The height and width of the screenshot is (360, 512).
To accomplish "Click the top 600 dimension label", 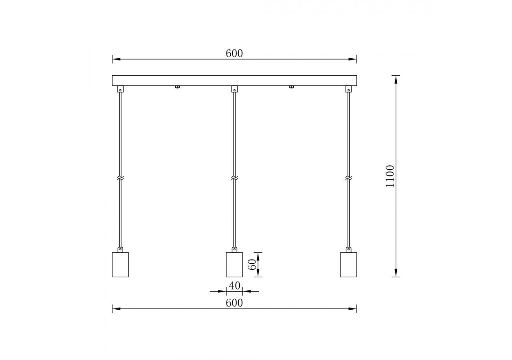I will [x=234, y=54].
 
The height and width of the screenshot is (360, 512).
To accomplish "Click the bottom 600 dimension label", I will [x=234, y=303].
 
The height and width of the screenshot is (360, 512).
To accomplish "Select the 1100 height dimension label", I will [x=390, y=176].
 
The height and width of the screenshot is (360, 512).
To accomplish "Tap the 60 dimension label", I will [x=252, y=264].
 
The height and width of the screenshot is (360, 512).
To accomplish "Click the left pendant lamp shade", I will [x=120, y=264].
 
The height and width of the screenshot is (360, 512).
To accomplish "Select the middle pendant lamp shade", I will [x=234, y=264].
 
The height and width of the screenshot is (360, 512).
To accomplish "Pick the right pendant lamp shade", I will [x=348, y=264].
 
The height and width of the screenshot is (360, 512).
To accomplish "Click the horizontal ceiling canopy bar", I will [x=234, y=80].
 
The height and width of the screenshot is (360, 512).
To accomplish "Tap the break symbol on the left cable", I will [x=120, y=178].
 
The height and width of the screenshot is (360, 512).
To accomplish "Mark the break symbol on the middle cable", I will [x=234, y=178].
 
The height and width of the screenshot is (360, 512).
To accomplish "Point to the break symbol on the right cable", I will [x=348, y=178].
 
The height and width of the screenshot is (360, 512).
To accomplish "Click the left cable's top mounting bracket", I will [x=120, y=89].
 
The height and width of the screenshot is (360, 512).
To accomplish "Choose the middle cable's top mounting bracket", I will [x=234, y=89].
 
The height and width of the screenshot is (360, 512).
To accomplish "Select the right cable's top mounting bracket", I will [x=348, y=89].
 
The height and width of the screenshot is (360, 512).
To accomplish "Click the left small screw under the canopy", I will [x=177, y=87].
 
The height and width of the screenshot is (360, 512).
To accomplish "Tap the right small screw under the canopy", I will [x=291, y=87].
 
